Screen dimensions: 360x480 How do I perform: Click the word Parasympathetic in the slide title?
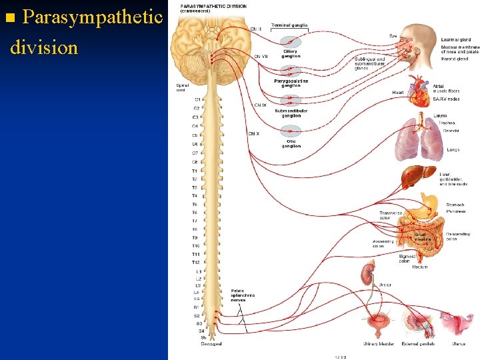93,16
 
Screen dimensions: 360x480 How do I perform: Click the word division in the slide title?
44,47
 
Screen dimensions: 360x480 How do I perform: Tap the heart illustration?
420,93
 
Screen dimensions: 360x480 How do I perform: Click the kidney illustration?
366,273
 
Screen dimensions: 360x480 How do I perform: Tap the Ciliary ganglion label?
290,53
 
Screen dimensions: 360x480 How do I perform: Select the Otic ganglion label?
291,144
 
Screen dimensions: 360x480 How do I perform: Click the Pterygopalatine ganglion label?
291,83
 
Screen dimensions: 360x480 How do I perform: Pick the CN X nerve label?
254,134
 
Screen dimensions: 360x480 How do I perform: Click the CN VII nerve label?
261,56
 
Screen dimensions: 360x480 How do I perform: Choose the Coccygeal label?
211,343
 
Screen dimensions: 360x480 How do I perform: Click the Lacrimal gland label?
455,39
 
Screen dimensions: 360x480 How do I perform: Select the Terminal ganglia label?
289,25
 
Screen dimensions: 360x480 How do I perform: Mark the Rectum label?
419,267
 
